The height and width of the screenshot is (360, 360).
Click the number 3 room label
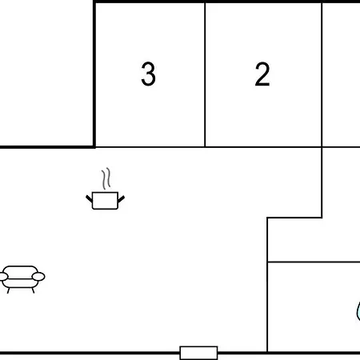click(x=148, y=74)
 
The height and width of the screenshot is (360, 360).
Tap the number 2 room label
click(x=262, y=74)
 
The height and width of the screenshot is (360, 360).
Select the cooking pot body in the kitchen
click(x=105, y=201)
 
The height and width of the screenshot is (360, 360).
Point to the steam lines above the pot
click(x=106, y=178)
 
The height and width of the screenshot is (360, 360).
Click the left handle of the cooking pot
click(x=89, y=198)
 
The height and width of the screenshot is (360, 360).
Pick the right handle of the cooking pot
click(x=121, y=199)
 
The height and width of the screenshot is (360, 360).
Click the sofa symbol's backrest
click(x=22, y=270)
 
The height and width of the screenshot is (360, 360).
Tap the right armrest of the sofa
click(x=38, y=277)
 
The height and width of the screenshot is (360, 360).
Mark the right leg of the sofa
click(x=33, y=290)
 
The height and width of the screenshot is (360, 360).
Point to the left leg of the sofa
click(x=9, y=290)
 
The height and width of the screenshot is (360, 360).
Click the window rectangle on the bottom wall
click(x=198, y=353)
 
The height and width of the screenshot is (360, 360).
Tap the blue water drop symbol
click(x=358, y=311)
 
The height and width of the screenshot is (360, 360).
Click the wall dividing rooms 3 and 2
click(x=205, y=74)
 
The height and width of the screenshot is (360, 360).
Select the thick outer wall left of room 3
click(x=94, y=74)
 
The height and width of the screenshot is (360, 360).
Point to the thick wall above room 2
click(x=263, y=2)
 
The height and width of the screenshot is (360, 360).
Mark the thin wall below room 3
click(x=150, y=147)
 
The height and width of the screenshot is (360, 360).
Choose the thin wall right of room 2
click(x=322, y=74)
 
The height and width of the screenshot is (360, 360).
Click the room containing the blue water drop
click(x=314, y=307)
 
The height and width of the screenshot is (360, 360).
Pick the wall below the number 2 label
click(x=263, y=147)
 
